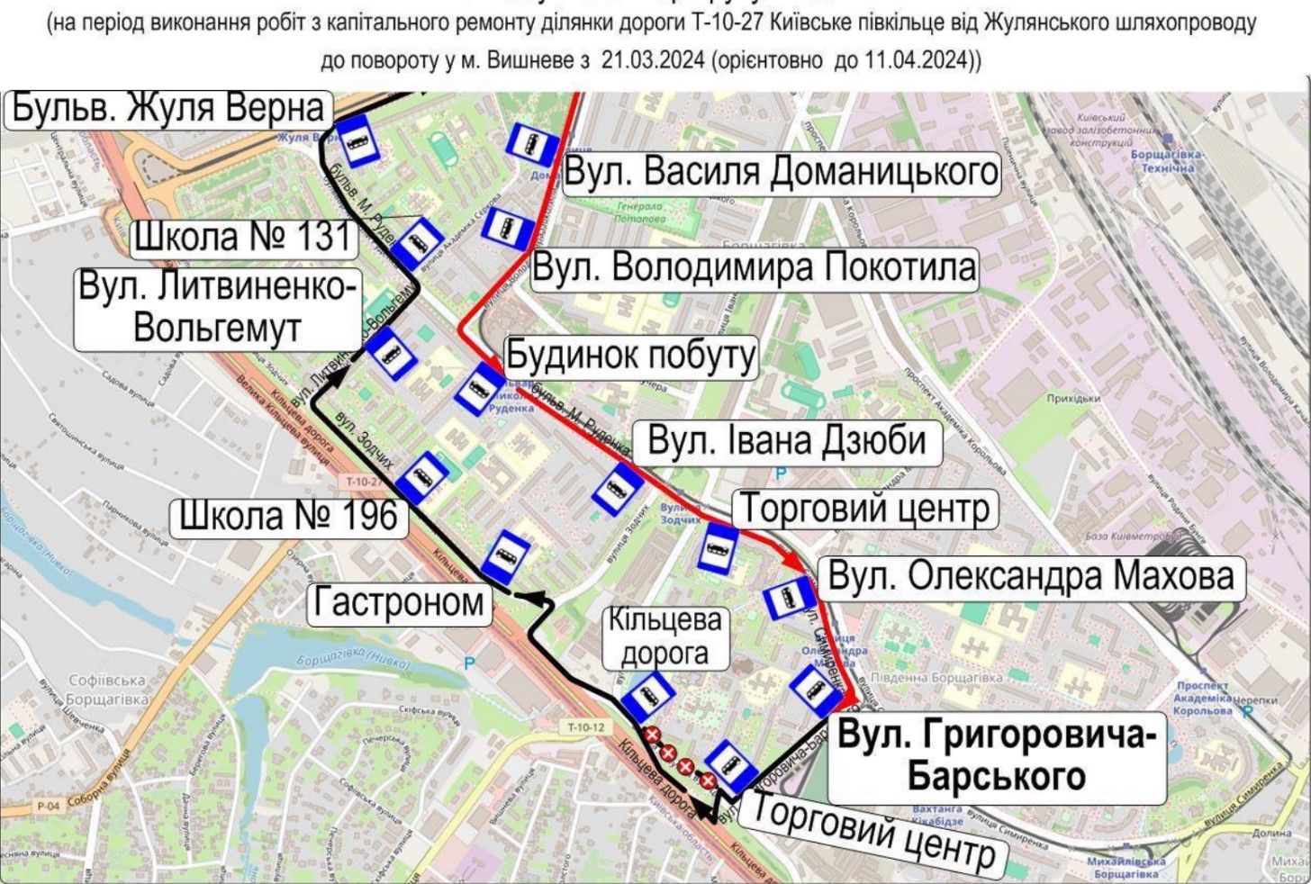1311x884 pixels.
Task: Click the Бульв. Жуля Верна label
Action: point(168,109)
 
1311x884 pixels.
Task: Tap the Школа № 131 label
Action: point(242,237)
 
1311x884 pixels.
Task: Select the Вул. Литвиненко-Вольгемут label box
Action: point(216,309)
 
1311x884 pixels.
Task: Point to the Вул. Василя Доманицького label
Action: point(781,171)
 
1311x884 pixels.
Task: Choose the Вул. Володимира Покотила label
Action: point(754,267)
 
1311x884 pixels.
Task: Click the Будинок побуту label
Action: point(629,356)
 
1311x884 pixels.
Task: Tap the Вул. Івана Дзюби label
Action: point(786,441)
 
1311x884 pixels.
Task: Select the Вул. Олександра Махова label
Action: point(1030,576)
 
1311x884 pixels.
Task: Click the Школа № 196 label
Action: point(288,516)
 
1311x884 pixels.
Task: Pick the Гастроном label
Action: point(399,601)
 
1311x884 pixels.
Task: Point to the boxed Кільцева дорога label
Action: point(665,636)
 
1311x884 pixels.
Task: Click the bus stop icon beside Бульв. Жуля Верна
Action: point(362,140)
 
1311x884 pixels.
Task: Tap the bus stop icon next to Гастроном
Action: point(505,558)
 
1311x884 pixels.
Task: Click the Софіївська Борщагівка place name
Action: point(107,690)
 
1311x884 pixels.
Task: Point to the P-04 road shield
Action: point(48,806)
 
